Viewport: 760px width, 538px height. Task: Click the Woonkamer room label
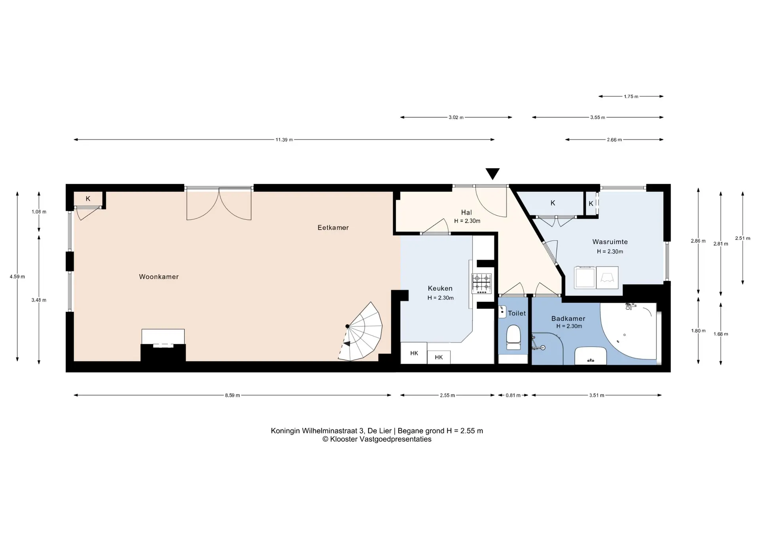pos(159,277)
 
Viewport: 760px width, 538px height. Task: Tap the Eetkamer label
pos(333,227)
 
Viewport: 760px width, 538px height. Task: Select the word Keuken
pos(440,288)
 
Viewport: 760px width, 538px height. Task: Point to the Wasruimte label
pos(610,242)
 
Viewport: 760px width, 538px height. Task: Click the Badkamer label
pos(568,319)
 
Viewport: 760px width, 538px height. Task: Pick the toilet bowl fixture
pos(513,338)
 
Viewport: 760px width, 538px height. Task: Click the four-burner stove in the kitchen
pos(481,284)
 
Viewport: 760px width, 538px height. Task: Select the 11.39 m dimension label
pos(284,140)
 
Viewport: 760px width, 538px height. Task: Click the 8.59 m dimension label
pos(232,395)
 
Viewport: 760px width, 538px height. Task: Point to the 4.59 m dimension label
pos(17,277)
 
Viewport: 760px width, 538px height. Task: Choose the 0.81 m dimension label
pos(513,395)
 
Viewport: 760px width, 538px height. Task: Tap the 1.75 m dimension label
pos(631,97)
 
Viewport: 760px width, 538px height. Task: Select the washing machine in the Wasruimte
pos(585,277)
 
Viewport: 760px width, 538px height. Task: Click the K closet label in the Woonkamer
pos(88,199)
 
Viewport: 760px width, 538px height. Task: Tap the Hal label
pos(467,213)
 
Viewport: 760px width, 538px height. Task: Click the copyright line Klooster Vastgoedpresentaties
pos(377,439)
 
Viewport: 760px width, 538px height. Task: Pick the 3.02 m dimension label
pos(456,118)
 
